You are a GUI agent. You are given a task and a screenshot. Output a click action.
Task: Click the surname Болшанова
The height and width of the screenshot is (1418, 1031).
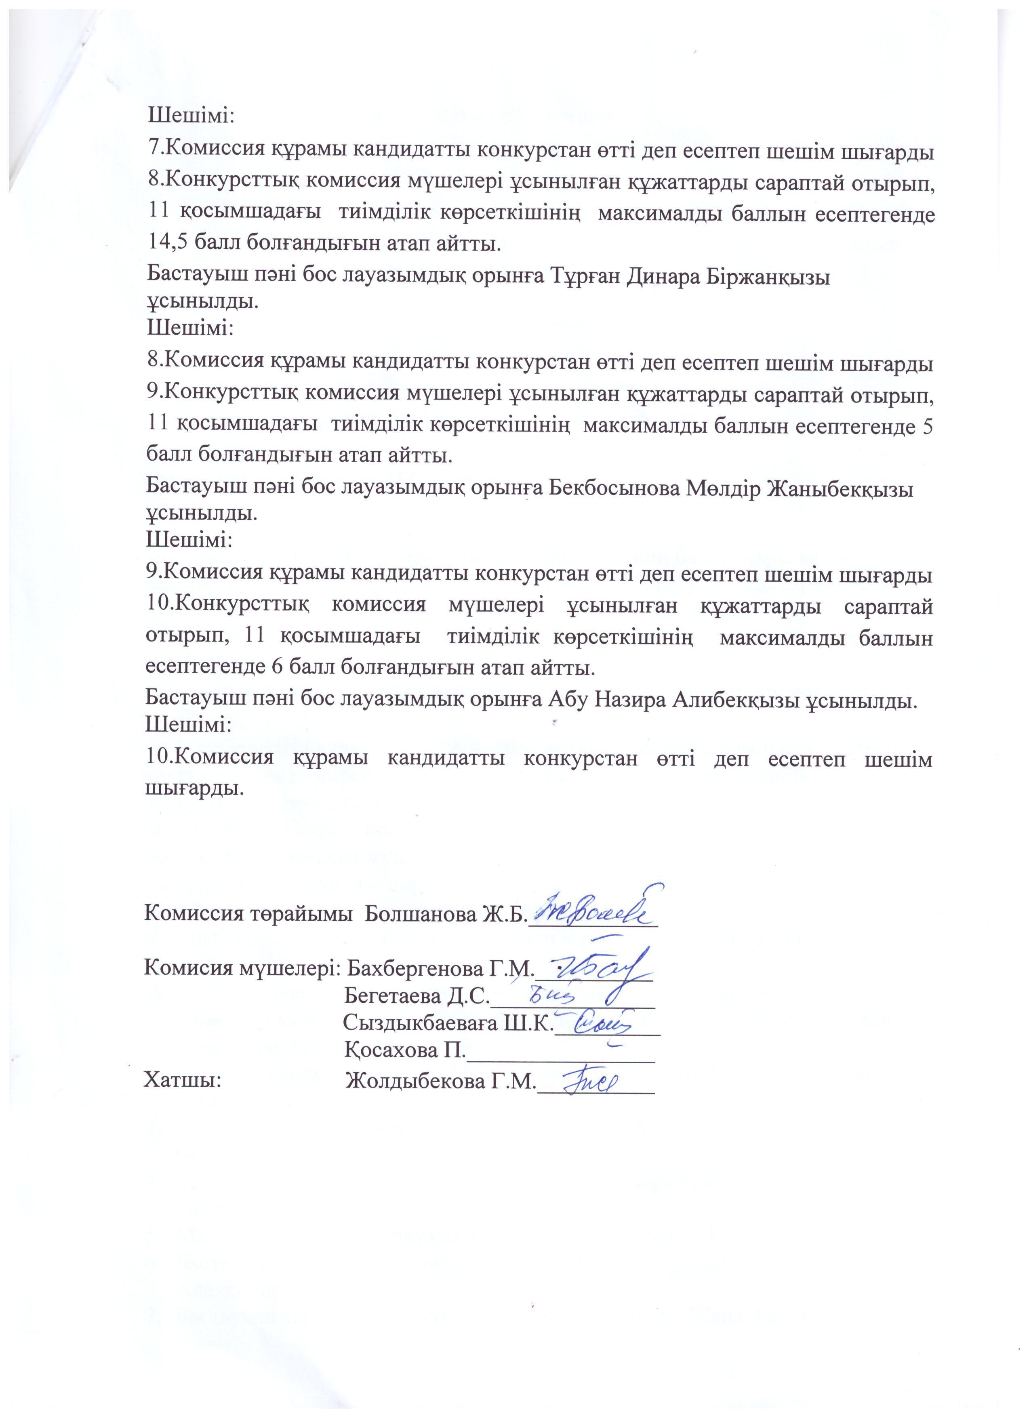421,914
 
